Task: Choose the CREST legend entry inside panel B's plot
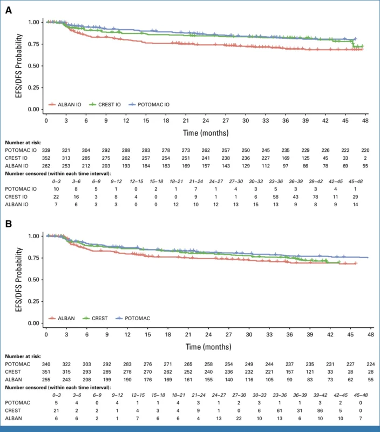tap(104, 319)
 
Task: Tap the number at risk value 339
tap(47, 148)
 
